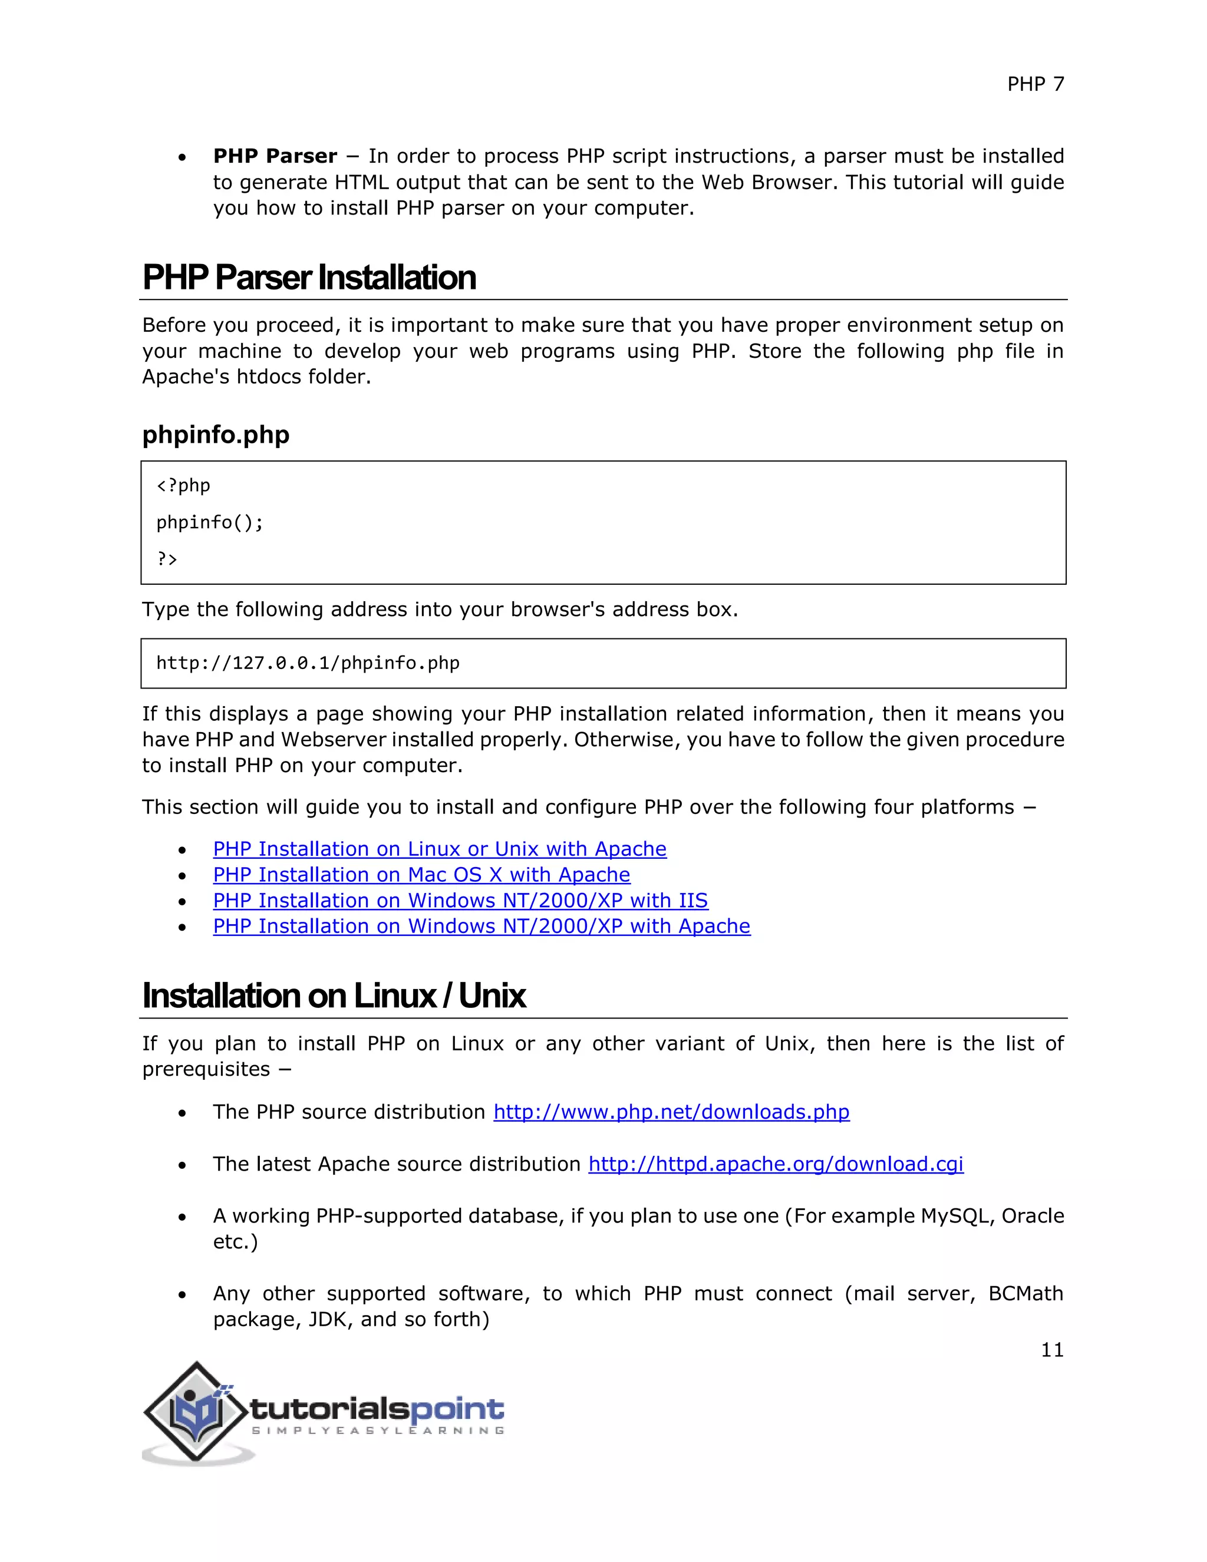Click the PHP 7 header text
(1035, 84)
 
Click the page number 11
(1051, 1350)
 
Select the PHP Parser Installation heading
(309, 278)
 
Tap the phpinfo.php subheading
(215, 435)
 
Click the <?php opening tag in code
(183, 486)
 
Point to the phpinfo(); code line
(209, 523)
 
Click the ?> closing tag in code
(167, 559)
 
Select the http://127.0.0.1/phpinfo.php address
(308, 663)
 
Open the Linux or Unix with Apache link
(439, 849)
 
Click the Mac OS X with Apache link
(421, 875)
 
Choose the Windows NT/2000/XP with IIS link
(460, 901)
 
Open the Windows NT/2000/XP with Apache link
(482, 926)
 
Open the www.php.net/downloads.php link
(671, 1112)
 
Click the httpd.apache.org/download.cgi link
(775, 1164)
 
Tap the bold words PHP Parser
(275, 156)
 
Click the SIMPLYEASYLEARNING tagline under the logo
(378, 1431)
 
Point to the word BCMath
(1025, 1294)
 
